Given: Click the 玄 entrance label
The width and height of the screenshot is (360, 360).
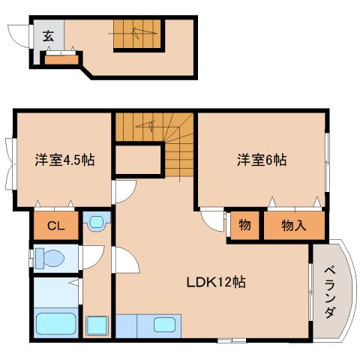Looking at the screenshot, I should [47, 35].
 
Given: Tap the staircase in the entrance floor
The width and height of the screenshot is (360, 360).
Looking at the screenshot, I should [137, 34].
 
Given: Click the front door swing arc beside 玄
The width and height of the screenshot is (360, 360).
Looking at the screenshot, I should [18, 35].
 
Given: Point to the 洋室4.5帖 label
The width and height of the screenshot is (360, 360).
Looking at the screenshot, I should [64, 160].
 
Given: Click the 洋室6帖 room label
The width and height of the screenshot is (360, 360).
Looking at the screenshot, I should [262, 160].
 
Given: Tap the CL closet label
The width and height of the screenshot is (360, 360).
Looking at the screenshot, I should [55, 225].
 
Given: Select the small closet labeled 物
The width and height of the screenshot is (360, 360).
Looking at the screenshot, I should [244, 225].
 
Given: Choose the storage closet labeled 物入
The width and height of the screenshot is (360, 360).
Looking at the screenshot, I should [292, 225].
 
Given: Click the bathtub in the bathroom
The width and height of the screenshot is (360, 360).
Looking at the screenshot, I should [56, 325].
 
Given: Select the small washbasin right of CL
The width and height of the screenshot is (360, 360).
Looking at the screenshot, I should [97, 221].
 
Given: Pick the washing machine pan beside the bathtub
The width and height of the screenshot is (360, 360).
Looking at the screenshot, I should [97, 326].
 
